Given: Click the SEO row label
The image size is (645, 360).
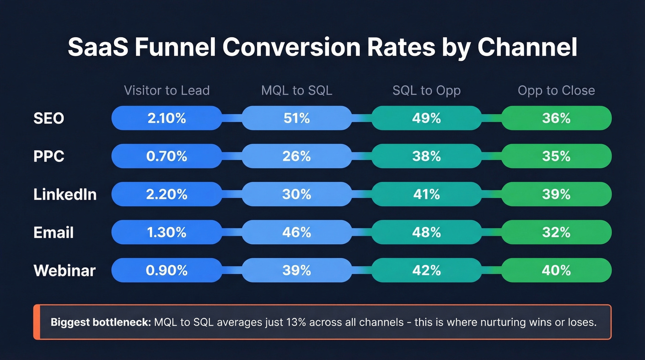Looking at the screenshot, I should click(49, 118).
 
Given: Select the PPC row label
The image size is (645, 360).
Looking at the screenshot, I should click(49, 156).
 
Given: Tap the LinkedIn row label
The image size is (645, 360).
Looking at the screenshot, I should click(65, 194).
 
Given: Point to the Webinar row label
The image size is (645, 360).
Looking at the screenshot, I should click(64, 270).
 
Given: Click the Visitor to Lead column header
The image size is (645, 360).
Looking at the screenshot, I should click(167, 90).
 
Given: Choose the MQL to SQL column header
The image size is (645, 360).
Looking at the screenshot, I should click(297, 90).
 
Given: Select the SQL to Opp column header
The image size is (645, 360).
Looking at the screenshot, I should click(427, 90).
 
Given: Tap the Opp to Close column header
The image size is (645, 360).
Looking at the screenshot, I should click(556, 90).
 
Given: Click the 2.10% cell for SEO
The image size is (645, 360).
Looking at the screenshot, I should click(167, 118).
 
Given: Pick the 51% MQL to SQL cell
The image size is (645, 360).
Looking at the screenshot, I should click(297, 118).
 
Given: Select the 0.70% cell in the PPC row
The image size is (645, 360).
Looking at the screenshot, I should click(167, 156).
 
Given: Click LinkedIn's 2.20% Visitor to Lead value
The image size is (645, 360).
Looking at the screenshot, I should click(167, 194).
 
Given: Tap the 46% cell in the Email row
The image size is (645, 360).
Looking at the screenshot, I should click(297, 232).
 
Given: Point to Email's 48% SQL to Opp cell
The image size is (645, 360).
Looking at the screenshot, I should click(427, 232).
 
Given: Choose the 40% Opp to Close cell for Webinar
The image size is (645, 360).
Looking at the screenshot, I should click(556, 270).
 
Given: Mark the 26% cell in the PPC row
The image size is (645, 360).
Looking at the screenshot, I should click(297, 156).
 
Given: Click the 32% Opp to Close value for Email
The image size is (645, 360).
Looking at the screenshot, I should click(556, 232).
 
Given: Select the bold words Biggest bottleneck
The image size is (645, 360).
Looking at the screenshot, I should click(100, 322).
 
